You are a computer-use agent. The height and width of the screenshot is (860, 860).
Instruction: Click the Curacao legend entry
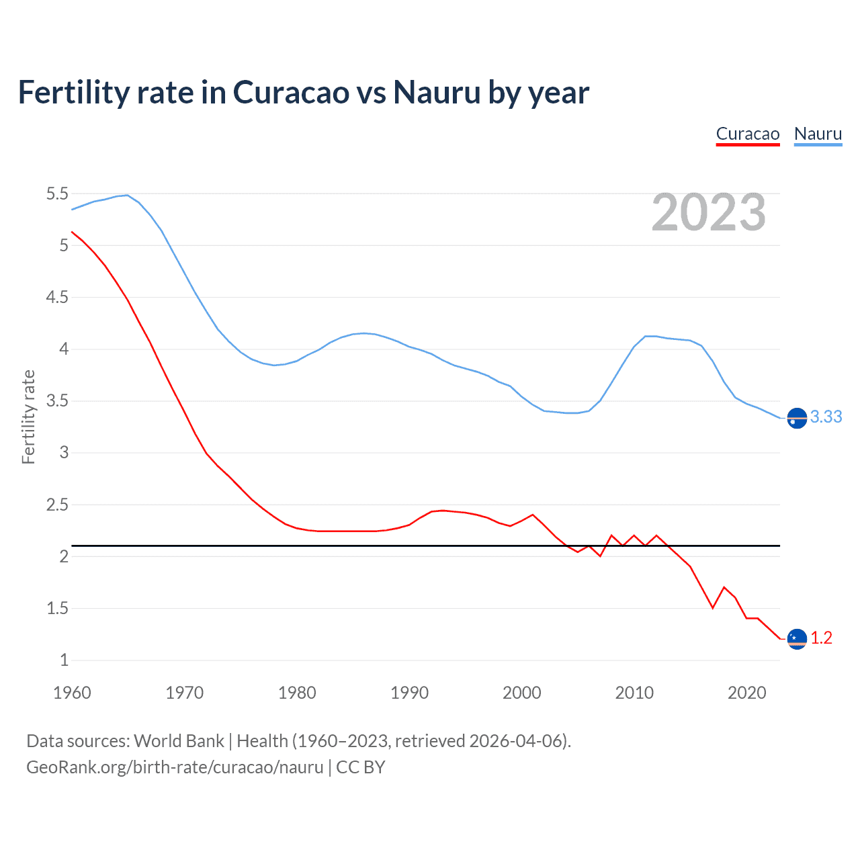click(747, 134)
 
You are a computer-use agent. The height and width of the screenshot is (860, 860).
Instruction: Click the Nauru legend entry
click(818, 134)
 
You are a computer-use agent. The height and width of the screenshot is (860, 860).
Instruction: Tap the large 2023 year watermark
click(708, 212)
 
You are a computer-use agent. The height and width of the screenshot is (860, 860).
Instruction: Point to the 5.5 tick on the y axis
click(57, 194)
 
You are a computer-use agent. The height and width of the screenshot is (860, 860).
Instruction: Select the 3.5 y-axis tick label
click(57, 401)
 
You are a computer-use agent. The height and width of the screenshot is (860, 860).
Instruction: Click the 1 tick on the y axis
click(64, 660)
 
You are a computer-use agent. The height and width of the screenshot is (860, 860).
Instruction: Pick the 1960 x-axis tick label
click(72, 693)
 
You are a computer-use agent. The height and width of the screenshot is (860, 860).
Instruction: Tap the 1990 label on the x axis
click(409, 693)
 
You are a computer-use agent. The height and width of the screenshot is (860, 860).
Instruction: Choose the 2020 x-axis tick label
click(746, 693)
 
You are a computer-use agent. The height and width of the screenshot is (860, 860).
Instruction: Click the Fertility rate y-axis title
click(28, 417)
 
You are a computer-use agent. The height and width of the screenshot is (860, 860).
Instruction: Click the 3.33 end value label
click(826, 417)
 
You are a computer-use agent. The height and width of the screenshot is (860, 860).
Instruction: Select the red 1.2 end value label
click(821, 638)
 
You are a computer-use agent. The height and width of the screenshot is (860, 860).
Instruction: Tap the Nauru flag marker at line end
click(796, 418)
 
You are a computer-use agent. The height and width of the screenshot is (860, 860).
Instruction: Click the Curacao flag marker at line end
click(796, 639)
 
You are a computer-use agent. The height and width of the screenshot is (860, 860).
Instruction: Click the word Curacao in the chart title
click(290, 93)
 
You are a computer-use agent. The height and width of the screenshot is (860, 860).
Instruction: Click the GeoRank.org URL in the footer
click(175, 767)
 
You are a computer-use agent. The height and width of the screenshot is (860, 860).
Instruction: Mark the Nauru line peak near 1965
click(127, 195)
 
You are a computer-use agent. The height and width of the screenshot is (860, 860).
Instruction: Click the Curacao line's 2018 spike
click(724, 587)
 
